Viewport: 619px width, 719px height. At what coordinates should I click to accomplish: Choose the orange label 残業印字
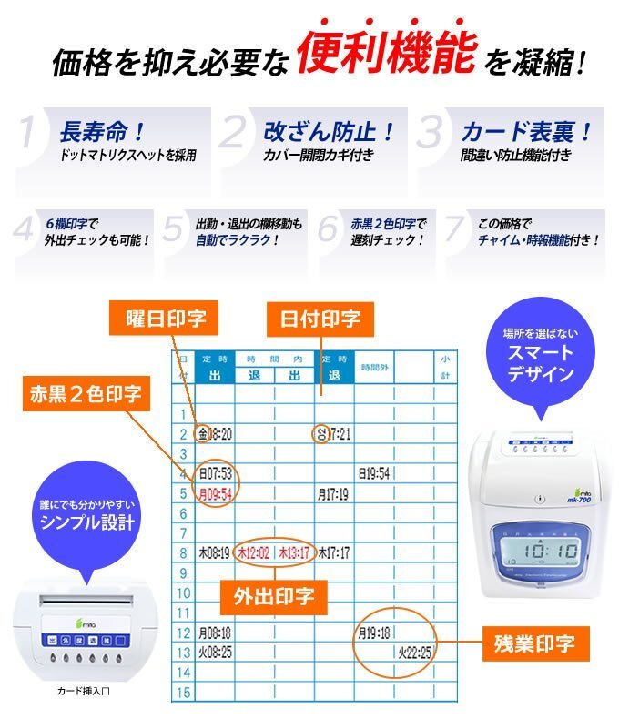coord(535,643)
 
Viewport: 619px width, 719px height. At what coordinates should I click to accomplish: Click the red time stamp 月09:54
coord(216,494)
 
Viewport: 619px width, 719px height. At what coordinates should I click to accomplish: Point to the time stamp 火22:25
coord(414,652)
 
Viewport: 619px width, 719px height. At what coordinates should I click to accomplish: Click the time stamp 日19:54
coord(373,473)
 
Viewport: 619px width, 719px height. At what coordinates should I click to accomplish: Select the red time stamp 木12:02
coord(254,552)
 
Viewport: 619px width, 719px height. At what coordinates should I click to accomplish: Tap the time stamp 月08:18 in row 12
coord(216,632)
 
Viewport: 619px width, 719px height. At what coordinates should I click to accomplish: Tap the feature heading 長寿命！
coord(103,132)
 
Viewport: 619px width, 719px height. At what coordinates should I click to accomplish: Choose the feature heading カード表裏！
coord(526,132)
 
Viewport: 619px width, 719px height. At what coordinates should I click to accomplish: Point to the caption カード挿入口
coord(83,691)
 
